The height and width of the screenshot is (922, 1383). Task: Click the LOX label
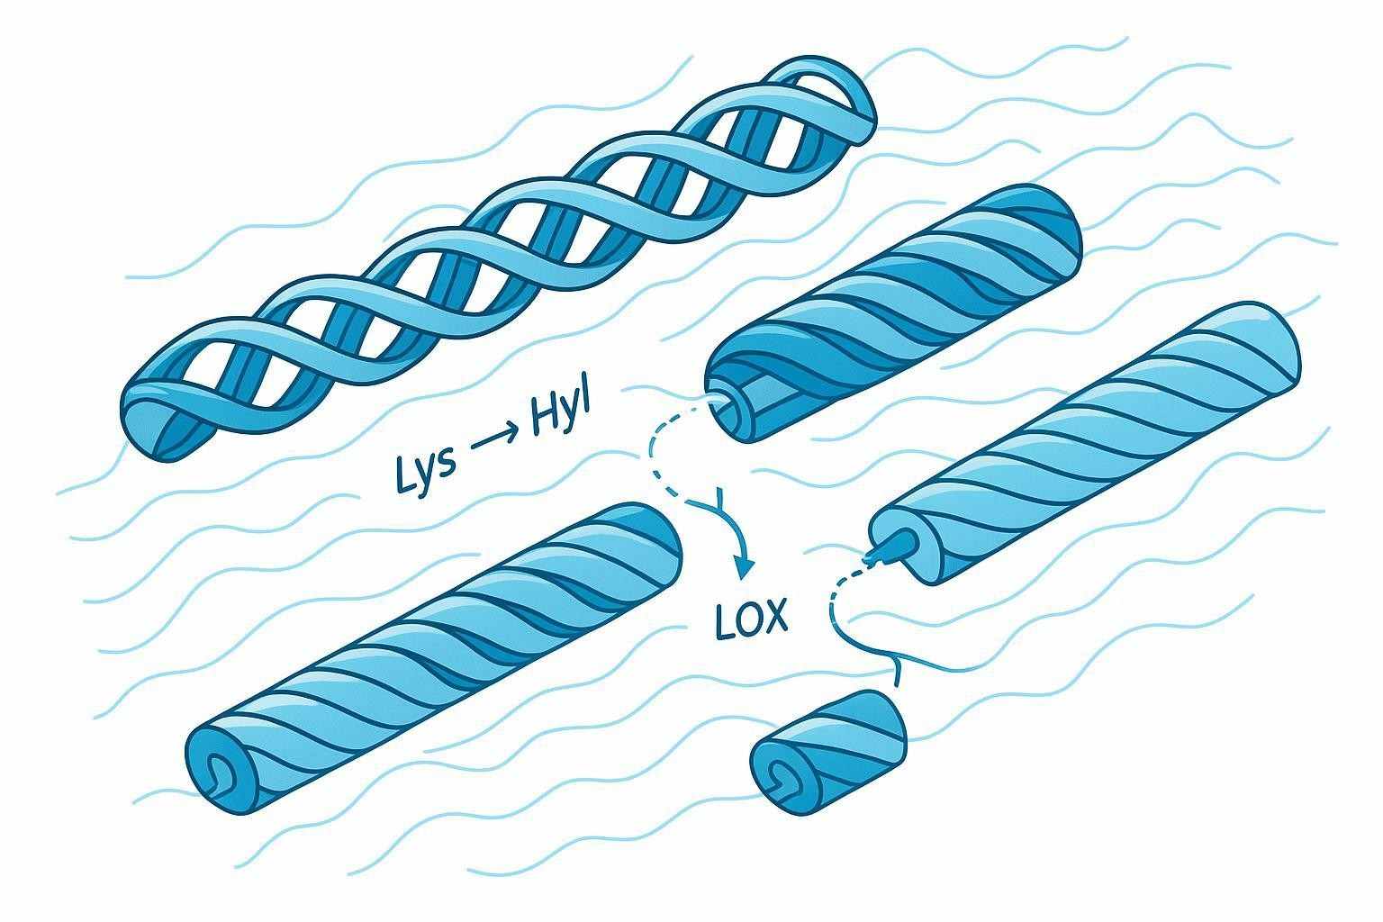click(x=751, y=619)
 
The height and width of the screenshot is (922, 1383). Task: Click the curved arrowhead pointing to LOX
click(x=743, y=566)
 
